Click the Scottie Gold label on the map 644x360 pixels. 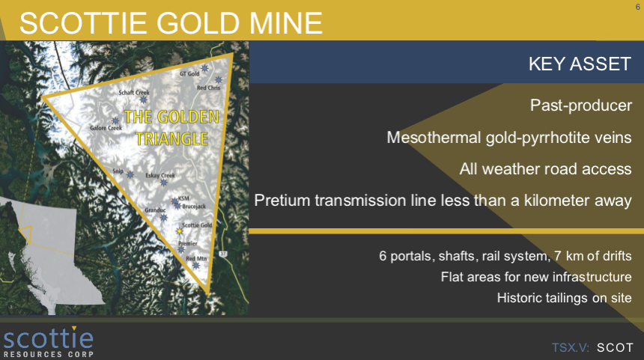tap(197, 225)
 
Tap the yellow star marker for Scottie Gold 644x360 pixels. tap(180, 231)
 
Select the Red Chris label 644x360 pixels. tap(209, 88)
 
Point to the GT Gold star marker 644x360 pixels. tap(204, 68)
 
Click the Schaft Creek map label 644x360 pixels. tap(134, 93)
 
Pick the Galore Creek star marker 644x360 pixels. tap(115, 120)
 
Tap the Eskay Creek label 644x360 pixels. tap(160, 175)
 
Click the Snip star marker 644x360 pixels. tap(130, 174)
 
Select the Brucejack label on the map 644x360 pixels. tap(194, 206)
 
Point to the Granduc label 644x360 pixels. tap(155, 210)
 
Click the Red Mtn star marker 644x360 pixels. tap(196, 266)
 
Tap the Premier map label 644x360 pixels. tap(188, 243)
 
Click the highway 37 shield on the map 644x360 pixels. tap(222, 254)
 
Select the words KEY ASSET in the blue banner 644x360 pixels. tap(580, 64)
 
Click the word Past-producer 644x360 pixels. tap(581, 106)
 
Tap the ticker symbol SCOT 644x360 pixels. tap(615, 348)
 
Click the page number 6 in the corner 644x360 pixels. tap(638, 7)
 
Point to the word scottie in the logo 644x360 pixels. tap(49, 338)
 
